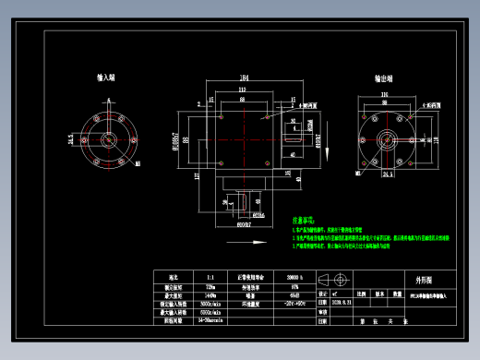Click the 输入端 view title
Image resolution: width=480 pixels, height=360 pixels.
pos(105,79)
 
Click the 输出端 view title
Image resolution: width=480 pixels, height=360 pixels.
pos(386,79)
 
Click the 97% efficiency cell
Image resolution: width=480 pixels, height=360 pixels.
pos(296,286)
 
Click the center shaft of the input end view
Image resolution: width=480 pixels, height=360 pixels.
pos(108,138)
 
